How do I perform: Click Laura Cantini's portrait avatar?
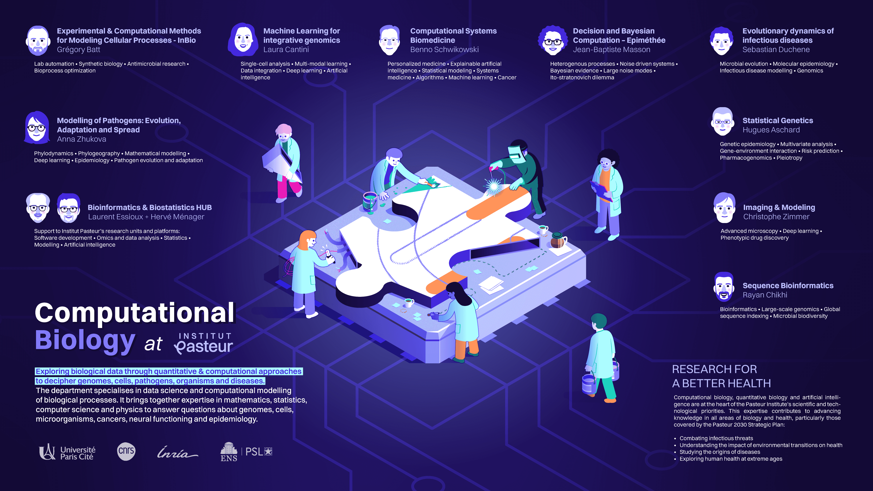243,40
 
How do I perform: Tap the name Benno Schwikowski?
444,50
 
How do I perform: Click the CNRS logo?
126,451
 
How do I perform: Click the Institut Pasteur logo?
204,343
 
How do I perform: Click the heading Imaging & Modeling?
779,207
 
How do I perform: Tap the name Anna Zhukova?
81,139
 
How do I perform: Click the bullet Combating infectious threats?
716,438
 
